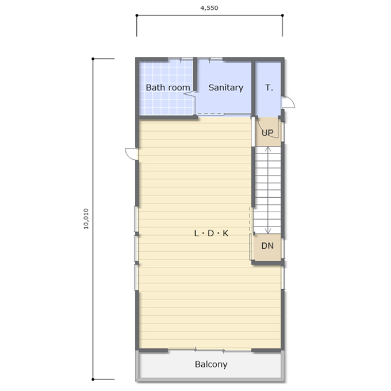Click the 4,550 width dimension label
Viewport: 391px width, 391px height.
[209, 8]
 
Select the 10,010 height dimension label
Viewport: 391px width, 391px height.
[86, 218]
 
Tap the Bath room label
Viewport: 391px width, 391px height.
[168, 87]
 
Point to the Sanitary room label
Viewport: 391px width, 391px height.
[225, 87]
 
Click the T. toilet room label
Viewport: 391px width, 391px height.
[269, 87]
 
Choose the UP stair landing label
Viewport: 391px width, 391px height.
[267, 133]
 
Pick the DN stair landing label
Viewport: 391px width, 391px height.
[267, 246]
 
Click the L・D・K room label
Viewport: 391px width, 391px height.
[211, 233]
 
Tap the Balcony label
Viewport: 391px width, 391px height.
[211, 365]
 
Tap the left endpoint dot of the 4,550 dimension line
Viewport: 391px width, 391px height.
[137, 16]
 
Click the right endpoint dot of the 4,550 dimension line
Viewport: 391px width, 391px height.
[282, 16]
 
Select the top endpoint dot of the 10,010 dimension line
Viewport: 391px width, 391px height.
[93, 59]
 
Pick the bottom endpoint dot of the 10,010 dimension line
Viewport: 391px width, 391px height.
[93, 379]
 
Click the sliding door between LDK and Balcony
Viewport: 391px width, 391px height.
[209, 350]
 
